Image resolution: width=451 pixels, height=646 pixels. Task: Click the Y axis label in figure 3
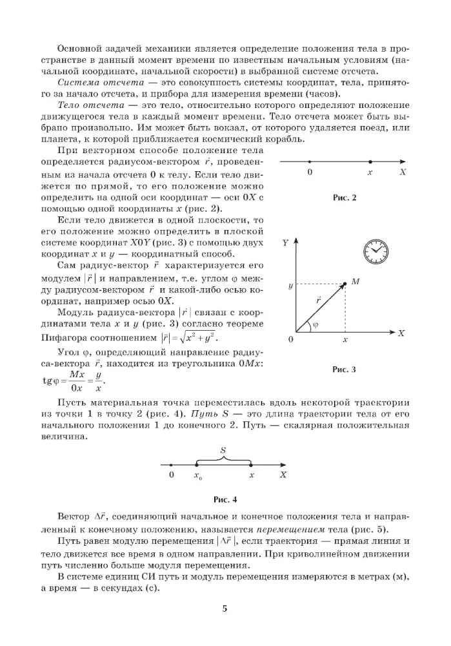tap(285, 244)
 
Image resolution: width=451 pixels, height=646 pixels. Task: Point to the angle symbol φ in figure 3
tap(315, 326)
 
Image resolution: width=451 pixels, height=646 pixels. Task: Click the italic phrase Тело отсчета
tap(87, 105)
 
